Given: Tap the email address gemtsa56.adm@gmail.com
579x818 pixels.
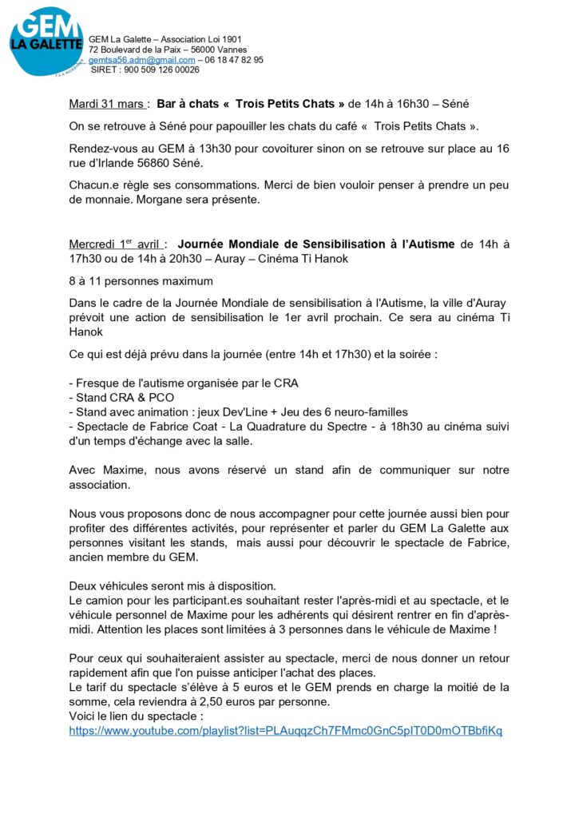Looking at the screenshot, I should [141, 60].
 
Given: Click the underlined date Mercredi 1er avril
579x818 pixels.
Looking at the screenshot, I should [116, 244].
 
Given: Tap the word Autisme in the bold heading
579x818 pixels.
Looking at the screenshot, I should [426, 244].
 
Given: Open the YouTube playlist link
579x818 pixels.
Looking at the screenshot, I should [286, 731].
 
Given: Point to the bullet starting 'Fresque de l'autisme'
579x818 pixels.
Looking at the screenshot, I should [184, 383].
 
